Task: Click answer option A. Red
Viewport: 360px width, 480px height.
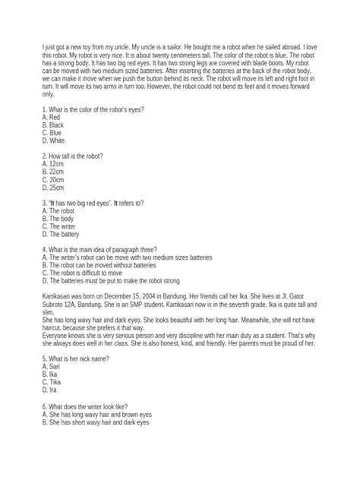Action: (52, 118)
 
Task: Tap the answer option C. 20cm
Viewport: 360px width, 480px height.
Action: (55, 180)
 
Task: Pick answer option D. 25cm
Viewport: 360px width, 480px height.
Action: (55, 188)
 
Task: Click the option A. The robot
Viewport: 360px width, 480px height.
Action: (60, 210)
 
